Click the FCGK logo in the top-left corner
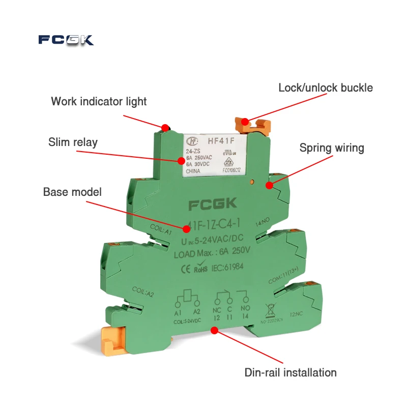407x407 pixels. pos(66,40)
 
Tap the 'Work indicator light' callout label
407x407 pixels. pos(99,101)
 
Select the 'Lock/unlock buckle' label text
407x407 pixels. pos(326,88)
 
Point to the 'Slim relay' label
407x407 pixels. pos(73,142)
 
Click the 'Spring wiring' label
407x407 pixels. pos(332,148)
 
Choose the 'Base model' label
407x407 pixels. pos(72,192)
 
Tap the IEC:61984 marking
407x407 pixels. pos(228,265)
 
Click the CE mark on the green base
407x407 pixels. pos(187,265)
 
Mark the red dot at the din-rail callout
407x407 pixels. pos(214,330)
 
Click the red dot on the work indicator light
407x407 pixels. pos(165,127)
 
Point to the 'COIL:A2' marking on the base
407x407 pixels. pos(143,292)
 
